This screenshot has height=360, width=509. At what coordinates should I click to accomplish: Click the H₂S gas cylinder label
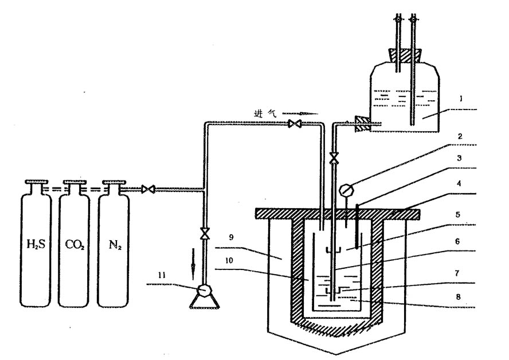pos(36,248)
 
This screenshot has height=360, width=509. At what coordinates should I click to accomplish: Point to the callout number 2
pos(459,138)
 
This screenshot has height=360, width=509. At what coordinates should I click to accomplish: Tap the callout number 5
pos(459,215)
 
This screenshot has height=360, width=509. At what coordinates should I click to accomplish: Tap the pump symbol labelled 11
pos(204,291)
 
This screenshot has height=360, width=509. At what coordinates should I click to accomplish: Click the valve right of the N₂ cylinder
pos(148,189)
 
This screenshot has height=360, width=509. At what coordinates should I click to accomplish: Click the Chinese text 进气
pos(263,113)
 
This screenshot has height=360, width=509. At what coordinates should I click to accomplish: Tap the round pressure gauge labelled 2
pos(346,189)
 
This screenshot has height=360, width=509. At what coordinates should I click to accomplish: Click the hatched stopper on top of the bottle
pos(404,56)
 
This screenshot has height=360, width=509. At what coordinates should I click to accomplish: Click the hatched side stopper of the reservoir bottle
pos(362,123)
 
